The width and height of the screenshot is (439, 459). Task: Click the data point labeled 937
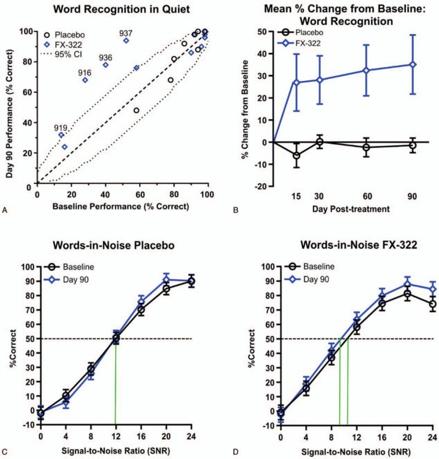coord(126,41)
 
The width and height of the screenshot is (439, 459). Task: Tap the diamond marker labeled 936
coord(106,65)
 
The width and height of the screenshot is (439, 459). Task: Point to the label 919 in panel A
coord(60,127)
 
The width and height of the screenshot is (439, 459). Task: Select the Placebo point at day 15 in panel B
coord(297,155)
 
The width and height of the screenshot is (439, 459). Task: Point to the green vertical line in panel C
coord(115,384)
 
